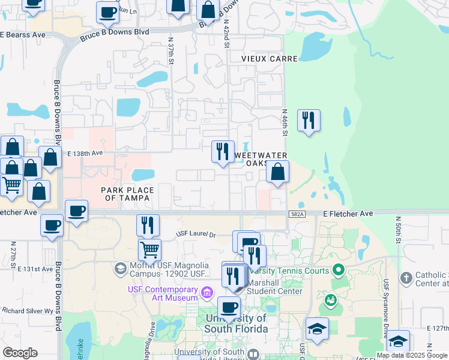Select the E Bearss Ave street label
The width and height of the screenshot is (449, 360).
coord(23,35)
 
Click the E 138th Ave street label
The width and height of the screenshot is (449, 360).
coord(81,154)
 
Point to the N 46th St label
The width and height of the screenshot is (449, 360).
coord(285,122)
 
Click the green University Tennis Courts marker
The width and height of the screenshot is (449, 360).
coord(338,271)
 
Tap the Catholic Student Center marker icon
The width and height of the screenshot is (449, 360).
coord(406,277)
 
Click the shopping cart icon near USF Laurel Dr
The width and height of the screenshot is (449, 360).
coord(149,248)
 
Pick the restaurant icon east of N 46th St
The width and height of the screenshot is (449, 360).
coord(309,120)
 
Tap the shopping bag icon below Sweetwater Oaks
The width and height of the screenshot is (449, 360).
coord(277,172)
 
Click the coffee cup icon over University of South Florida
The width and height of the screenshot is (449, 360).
coord(229,307)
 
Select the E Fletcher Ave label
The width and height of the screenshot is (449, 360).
coord(348,214)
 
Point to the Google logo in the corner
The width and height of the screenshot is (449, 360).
coord(20,353)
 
